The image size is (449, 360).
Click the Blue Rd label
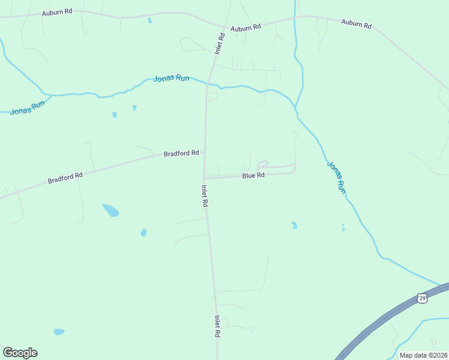tap(253, 176)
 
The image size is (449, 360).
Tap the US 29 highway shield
tap(423, 298)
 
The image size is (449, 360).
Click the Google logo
tap(20, 353)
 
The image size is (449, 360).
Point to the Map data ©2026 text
tap(423, 355)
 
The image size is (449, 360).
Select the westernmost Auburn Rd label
tap(56, 12)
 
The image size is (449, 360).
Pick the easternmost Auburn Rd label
tap(357, 24)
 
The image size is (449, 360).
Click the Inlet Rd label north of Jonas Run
tap(220, 44)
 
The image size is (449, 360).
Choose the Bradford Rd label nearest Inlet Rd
tap(181, 154)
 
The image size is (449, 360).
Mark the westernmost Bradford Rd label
tap(65, 178)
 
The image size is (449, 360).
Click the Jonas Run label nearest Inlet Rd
tap(172, 79)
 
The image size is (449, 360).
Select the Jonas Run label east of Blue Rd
tap(336, 176)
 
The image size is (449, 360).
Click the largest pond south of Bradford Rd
tap(110, 210)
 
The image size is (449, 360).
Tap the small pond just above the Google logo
tap(59, 331)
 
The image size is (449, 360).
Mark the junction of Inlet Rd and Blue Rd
tap(205, 178)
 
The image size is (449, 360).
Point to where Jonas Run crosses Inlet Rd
tap(208, 84)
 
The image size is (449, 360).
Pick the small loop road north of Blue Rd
tap(262, 164)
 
